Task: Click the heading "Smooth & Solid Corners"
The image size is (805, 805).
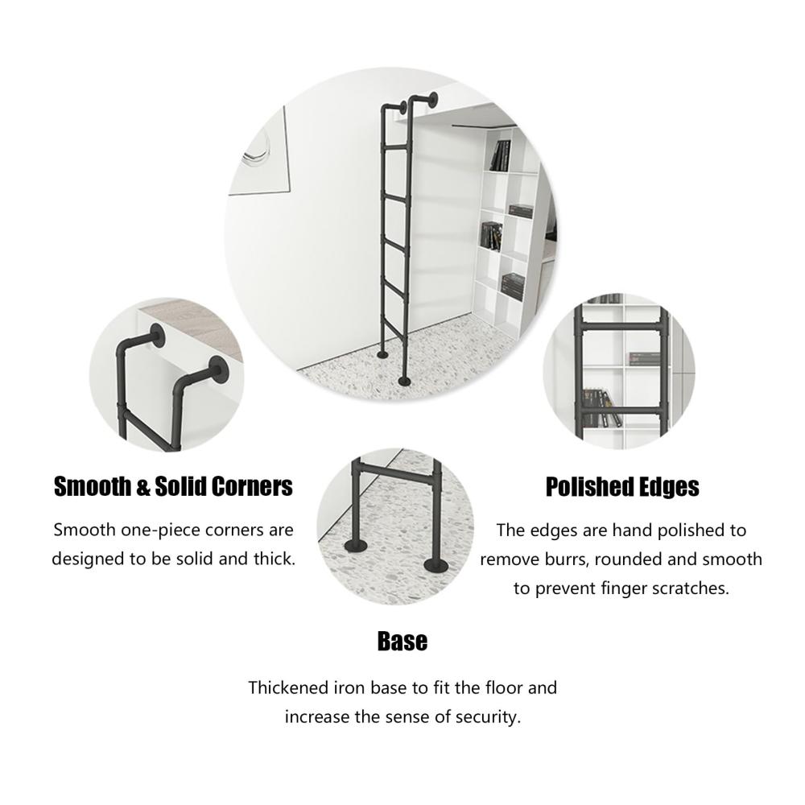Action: click(x=173, y=487)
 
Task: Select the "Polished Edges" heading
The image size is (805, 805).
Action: click(x=622, y=487)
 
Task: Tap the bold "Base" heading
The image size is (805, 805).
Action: click(x=402, y=642)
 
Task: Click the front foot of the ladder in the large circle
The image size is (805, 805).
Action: click(x=406, y=381)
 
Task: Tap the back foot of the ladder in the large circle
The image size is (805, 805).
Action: click(x=383, y=354)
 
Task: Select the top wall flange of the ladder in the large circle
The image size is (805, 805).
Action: click(x=433, y=99)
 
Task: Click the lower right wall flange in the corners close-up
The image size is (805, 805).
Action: click(x=219, y=369)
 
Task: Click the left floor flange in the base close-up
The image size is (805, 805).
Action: click(x=355, y=545)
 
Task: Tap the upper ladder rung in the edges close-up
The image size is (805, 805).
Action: click(x=621, y=326)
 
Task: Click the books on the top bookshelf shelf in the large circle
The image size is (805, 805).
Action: click(x=501, y=155)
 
